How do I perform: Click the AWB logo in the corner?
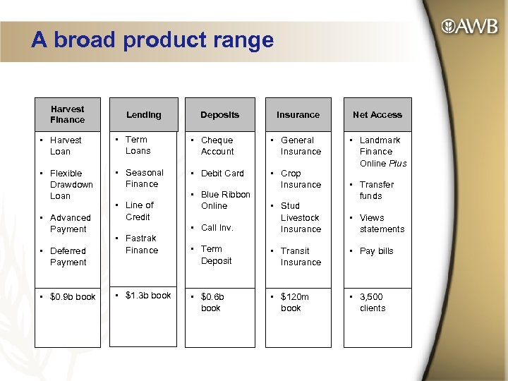point(469,27)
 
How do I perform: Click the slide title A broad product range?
point(152,40)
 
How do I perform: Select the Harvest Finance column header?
point(68,114)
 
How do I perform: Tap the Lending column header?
point(144,114)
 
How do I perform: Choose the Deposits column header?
point(219,114)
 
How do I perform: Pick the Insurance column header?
point(298,114)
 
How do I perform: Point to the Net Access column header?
point(377,114)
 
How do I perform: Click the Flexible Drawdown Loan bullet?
point(71,184)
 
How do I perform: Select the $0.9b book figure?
point(73,297)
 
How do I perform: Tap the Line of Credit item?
point(139,211)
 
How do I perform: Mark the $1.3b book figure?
point(147,296)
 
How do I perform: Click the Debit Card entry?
point(222,174)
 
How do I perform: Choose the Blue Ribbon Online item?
point(225,200)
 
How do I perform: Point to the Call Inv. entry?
point(217,228)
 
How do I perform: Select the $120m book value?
point(294,303)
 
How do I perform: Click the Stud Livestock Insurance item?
point(300,217)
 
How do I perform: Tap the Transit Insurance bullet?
point(301,256)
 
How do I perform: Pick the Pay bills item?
point(376,251)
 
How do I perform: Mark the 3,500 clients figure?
point(372,303)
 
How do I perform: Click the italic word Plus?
point(397,163)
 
